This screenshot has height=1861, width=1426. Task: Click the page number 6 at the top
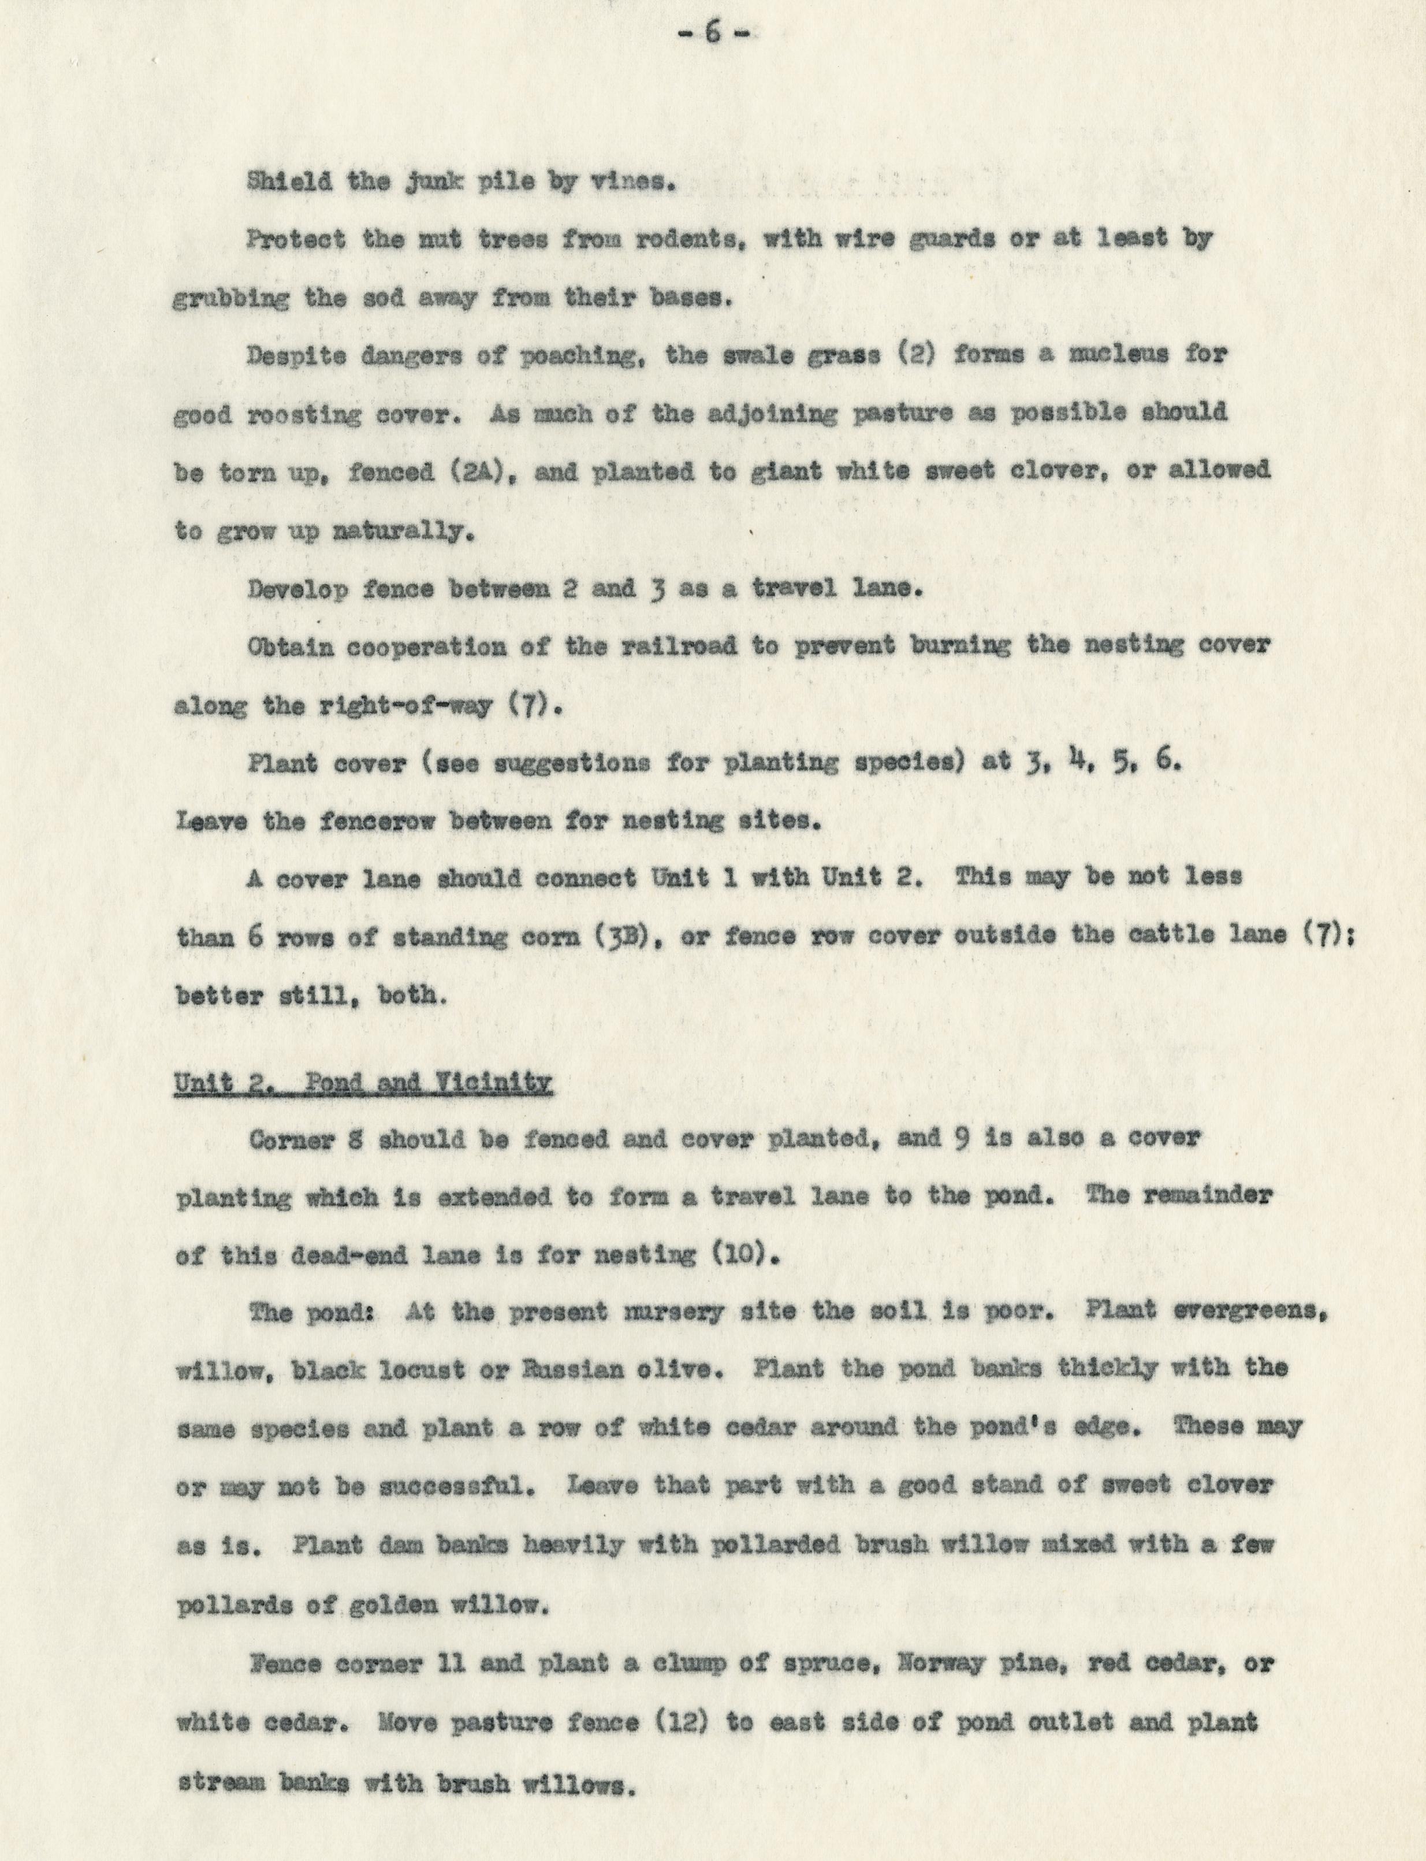point(712,36)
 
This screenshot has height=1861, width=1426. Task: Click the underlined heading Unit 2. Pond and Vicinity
point(364,1083)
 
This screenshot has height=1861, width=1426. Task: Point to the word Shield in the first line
point(280,181)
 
